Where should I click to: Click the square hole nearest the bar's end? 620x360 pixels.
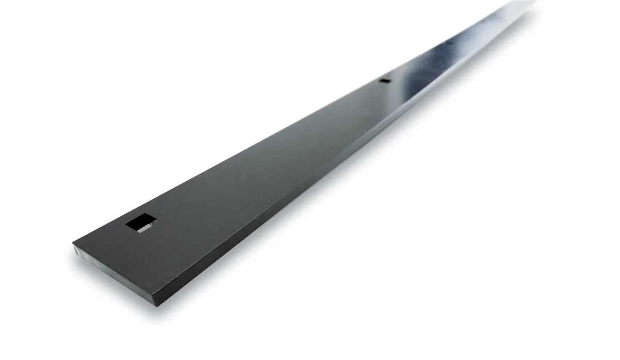click(x=141, y=223)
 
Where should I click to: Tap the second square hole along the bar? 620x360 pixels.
click(x=384, y=81)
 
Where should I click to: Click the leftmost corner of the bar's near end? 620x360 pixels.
click(x=73, y=244)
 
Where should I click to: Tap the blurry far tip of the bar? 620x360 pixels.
click(x=532, y=3)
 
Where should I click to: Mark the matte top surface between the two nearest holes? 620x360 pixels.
click(x=258, y=155)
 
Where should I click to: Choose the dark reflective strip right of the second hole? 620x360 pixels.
click(x=408, y=88)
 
